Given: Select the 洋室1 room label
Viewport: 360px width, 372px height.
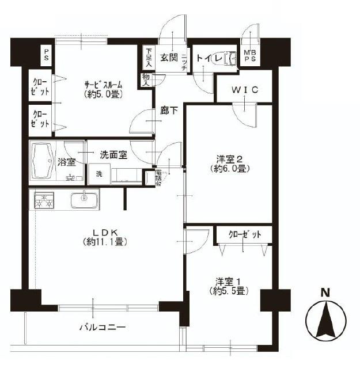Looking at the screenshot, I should pyautogui.click(x=229, y=282).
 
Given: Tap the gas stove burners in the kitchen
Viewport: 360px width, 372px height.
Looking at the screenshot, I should pyautogui.click(x=44, y=201).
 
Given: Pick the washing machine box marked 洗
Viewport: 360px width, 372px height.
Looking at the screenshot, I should pyautogui.click(x=99, y=174).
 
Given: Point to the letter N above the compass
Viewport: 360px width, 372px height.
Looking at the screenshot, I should pyautogui.click(x=325, y=292).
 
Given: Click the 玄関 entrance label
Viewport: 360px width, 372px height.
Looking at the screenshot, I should pyautogui.click(x=169, y=57).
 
